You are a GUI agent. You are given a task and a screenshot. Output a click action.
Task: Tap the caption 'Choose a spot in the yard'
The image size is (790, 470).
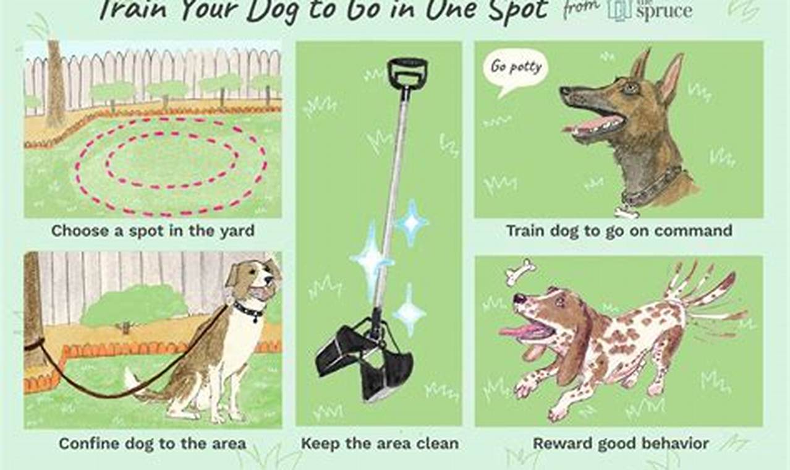(153, 231)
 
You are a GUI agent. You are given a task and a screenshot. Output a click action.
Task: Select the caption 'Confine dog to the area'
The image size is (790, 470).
(152, 443)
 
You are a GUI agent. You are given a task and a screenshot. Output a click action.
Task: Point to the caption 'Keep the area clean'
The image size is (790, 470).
(380, 443)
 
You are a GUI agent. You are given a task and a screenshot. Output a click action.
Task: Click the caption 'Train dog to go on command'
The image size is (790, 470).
(619, 231)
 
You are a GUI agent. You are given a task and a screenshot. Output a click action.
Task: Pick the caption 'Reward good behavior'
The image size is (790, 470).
(621, 443)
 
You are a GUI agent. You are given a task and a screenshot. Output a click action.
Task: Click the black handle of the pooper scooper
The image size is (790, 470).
(407, 72)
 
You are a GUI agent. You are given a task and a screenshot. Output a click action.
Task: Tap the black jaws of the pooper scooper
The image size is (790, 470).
(365, 359)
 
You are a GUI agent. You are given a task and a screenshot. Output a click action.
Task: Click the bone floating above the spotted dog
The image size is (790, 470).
(520, 271)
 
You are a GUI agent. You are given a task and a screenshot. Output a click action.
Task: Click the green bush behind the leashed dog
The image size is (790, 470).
(134, 306)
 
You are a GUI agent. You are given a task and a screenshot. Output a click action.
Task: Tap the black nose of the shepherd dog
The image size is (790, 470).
(564, 91)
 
